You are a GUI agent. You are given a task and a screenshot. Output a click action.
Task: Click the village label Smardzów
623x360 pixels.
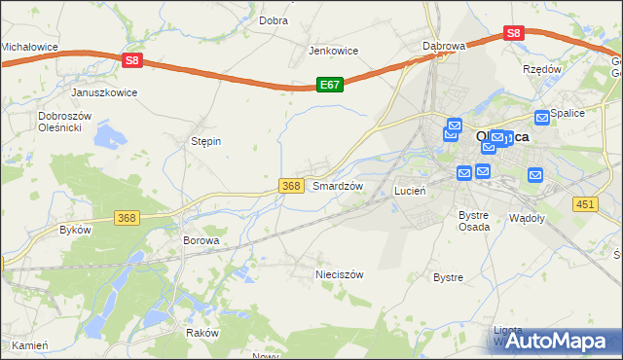pyautogui.click(x=337, y=186)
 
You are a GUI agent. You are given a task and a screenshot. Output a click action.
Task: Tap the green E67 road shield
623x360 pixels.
pyautogui.click(x=329, y=86)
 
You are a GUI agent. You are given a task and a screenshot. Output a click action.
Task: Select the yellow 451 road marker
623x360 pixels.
pyautogui.click(x=584, y=203)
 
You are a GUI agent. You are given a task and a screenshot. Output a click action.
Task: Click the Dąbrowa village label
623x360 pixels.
pyautogui.click(x=444, y=46)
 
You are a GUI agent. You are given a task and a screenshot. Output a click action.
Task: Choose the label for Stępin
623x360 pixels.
pyautogui.click(x=205, y=141)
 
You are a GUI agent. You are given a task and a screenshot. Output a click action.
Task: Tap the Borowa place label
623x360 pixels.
pyautogui.click(x=202, y=239)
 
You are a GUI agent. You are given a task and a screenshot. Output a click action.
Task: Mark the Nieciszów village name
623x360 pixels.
pyautogui.click(x=339, y=274)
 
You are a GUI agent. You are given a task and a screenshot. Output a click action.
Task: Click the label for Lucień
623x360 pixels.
pyautogui.click(x=410, y=191)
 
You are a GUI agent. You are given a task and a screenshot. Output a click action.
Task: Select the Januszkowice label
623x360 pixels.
pyautogui.click(x=104, y=92)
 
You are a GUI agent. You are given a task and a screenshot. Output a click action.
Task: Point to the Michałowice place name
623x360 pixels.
pyautogui.click(x=30, y=47)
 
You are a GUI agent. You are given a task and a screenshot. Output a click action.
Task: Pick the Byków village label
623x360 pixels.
pyautogui.click(x=75, y=230)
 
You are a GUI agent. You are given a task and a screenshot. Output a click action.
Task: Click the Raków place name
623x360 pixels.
pyautogui.click(x=202, y=332)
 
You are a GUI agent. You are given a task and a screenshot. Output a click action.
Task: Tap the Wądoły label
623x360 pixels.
pyautogui.click(x=527, y=219)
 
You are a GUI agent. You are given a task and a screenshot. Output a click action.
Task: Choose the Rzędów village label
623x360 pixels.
pyautogui.click(x=542, y=69)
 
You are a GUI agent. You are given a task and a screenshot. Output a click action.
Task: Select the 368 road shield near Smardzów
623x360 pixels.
pyautogui.click(x=290, y=186)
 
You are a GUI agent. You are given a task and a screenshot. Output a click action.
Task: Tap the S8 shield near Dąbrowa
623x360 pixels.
pyautogui.click(x=514, y=33)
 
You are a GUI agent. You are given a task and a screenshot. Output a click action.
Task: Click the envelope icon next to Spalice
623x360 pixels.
pyautogui.click(x=542, y=117)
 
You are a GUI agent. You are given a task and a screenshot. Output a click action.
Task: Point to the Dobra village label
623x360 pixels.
pyautogui.click(x=273, y=19)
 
